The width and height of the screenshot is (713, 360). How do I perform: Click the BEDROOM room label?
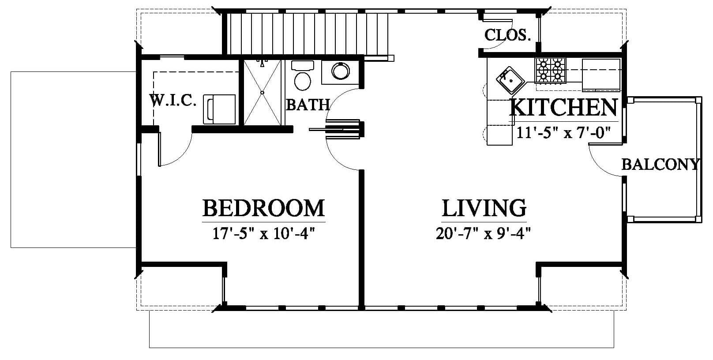263,208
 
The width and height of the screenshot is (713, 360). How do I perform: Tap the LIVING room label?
484,208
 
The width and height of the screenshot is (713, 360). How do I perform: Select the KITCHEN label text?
564,108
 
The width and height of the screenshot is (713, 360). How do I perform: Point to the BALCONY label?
661,165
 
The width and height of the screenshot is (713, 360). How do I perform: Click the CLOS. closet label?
508,35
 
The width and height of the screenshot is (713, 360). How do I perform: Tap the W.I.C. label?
173,100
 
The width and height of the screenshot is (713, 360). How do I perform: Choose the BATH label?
308,105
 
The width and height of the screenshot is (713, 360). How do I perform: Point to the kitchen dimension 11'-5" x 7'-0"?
563,132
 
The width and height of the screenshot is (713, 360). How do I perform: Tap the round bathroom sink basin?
341,71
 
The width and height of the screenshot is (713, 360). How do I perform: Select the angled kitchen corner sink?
510,80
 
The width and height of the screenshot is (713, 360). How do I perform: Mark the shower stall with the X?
262,93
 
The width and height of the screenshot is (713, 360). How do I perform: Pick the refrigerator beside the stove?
601,75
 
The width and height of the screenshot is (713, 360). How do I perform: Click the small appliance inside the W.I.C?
219,109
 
